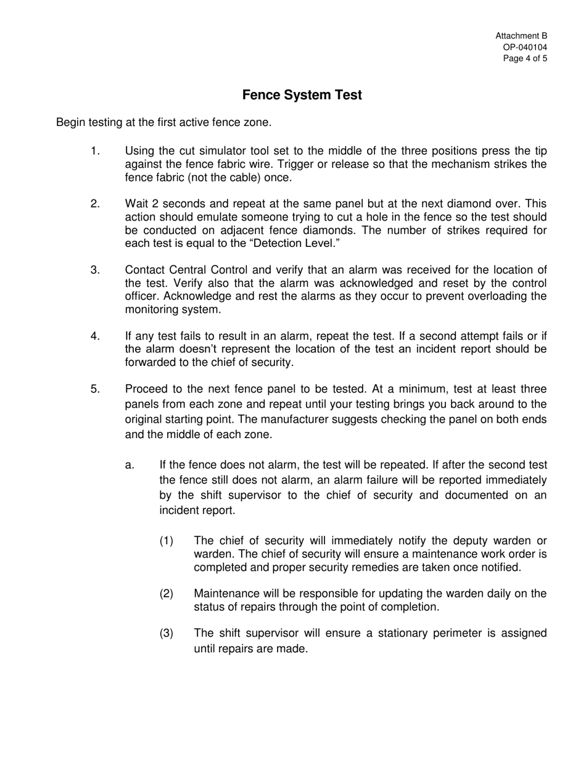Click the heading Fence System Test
tap(302, 95)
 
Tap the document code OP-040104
tap(525, 48)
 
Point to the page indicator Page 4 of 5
tap(524, 59)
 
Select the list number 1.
tap(95, 151)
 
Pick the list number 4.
tap(95, 336)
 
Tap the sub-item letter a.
tap(130, 465)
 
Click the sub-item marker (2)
tap(167, 594)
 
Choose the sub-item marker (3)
tap(167, 633)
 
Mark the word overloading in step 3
tap(492, 296)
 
